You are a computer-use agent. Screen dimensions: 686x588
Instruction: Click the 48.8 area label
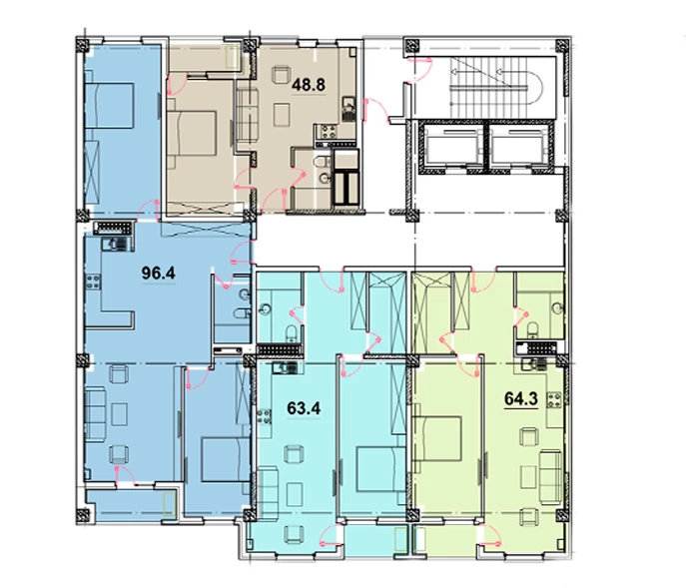(309, 85)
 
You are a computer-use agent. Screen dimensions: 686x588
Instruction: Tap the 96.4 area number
(159, 274)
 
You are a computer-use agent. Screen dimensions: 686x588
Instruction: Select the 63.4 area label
(304, 408)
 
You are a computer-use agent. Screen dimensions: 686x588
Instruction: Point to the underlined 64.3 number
(521, 399)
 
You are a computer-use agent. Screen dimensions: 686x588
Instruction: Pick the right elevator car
(516, 147)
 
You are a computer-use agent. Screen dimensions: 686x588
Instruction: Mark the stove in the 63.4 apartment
(264, 416)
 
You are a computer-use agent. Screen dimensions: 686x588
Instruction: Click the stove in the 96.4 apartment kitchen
(93, 282)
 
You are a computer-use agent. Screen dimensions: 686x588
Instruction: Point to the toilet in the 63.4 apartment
(292, 333)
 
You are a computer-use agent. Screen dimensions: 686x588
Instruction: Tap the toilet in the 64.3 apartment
(532, 329)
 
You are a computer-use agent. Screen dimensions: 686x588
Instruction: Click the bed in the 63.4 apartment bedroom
(381, 469)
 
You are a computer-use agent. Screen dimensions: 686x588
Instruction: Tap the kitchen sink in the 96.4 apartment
(113, 244)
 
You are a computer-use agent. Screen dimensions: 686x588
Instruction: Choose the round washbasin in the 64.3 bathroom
(556, 308)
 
